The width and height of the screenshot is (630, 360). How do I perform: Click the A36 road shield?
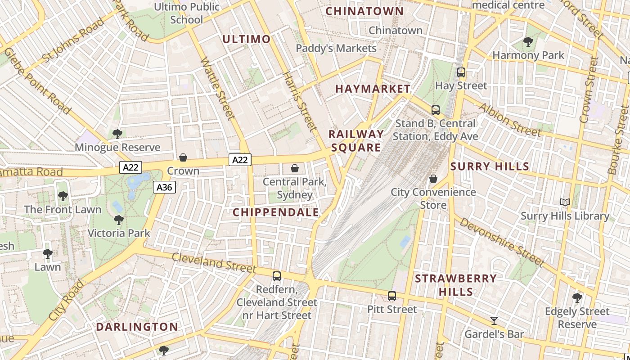(164, 187)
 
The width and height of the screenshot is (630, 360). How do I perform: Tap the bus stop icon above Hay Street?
(461, 72)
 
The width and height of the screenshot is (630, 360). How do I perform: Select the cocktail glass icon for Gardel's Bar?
(494, 321)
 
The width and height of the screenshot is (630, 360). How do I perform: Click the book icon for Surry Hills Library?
(565, 202)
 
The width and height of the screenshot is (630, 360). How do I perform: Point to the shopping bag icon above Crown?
(183, 157)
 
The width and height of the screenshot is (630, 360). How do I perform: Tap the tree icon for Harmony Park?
(528, 42)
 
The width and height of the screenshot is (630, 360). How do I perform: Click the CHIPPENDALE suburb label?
(275, 212)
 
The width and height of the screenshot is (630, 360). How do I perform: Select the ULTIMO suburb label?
(247, 39)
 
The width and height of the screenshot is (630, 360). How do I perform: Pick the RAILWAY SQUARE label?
(356, 141)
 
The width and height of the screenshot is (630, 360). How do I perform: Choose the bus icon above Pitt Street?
(392, 296)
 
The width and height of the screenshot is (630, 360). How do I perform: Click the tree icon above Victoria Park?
(119, 220)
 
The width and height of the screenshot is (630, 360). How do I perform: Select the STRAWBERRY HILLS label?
(455, 285)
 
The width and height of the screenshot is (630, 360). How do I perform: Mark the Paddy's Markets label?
(336, 48)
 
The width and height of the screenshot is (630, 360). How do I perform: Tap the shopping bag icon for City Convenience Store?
(433, 179)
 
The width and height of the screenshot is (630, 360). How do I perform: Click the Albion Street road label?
(509, 120)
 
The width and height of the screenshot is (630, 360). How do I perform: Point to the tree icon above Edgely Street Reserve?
(577, 297)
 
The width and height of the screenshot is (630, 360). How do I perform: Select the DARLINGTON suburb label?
(137, 327)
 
